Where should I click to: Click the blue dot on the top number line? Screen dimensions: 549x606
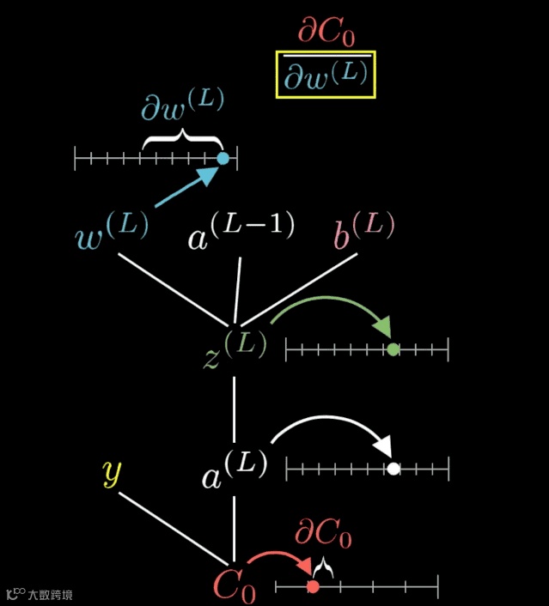223,158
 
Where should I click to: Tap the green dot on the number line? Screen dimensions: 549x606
393,349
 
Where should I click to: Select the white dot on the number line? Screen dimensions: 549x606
393,469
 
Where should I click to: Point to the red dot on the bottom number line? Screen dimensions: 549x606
313,586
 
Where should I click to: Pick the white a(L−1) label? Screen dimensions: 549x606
241,229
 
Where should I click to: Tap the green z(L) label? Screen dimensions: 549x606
235,348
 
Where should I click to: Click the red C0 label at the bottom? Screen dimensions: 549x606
234,585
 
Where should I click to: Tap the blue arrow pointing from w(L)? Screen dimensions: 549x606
185,189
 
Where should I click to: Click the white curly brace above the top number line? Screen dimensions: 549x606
181,138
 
